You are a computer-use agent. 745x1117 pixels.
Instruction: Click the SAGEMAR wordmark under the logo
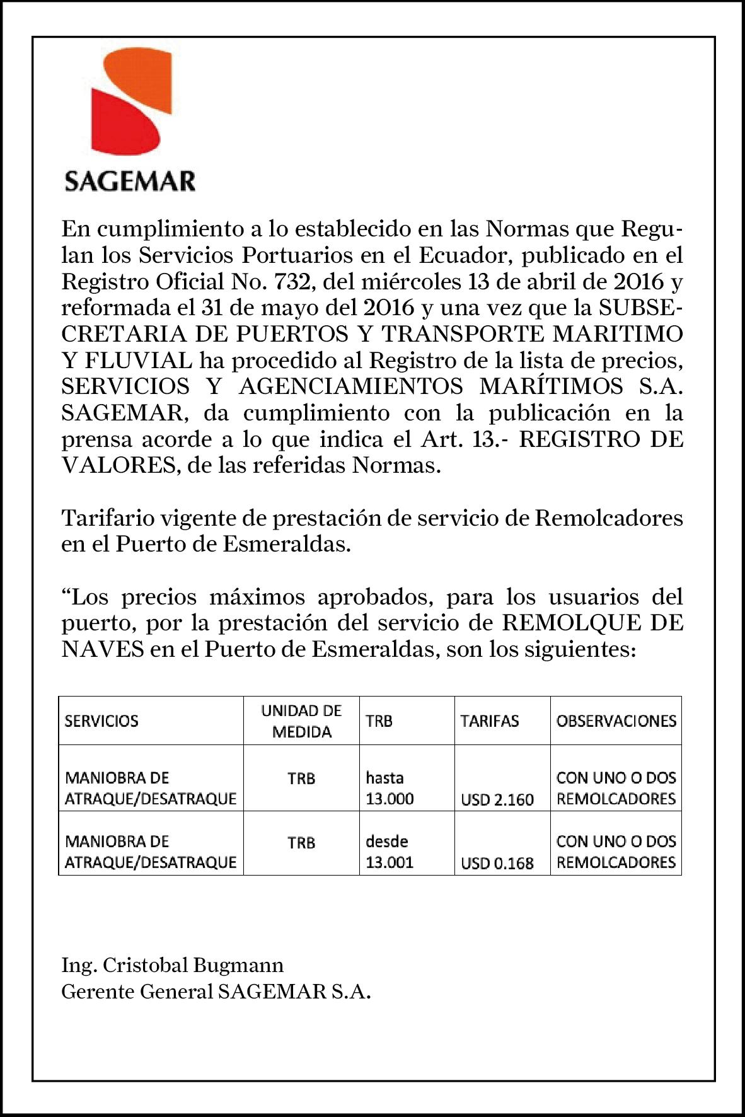[x=130, y=182]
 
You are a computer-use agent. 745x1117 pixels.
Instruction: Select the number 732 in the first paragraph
[x=291, y=282]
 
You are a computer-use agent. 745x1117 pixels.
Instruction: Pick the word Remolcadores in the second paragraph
[x=609, y=518]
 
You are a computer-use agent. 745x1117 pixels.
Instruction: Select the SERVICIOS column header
[x=101, y=721]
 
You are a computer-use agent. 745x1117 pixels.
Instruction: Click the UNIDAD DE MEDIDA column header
[x=301, y=721]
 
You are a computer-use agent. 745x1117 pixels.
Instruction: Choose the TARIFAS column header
[x=490, y=721]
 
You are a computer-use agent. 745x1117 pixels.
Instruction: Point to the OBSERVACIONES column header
[x=616, y=721]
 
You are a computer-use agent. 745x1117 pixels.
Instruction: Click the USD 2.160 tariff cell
[x=497, y=799]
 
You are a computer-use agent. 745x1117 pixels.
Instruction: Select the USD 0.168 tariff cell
[x=497, y=863]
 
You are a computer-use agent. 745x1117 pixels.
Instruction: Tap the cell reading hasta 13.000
[x=390, y=788]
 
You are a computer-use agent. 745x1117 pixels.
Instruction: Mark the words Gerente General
[x=137, y=992]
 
